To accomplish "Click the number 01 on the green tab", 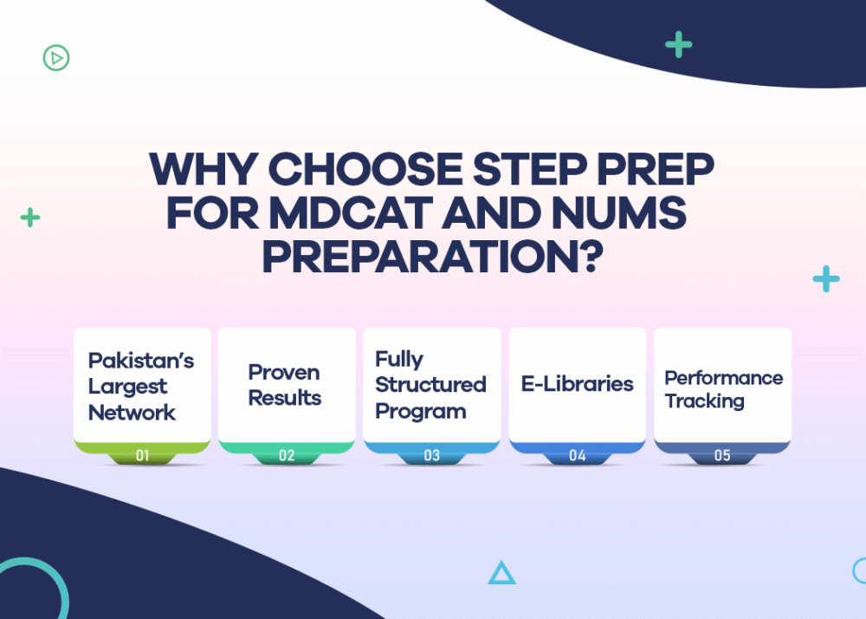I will click(142, 455).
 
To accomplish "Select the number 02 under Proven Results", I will click(287, 455).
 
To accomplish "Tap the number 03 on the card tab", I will click(431, 455).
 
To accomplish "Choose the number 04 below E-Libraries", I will click(577, 455).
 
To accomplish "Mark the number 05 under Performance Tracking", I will click(721, 455).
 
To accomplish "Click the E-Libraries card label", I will click(577, 384).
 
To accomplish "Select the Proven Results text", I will click(285, 385).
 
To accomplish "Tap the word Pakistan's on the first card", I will click(141, 361).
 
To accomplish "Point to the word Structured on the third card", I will click(430, 384).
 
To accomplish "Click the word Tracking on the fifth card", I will click(704, 401).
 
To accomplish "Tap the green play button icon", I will click(56, 58).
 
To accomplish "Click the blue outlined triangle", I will click(501, 573).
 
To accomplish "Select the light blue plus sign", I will click(826, 279).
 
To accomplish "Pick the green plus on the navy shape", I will click(678, 44).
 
